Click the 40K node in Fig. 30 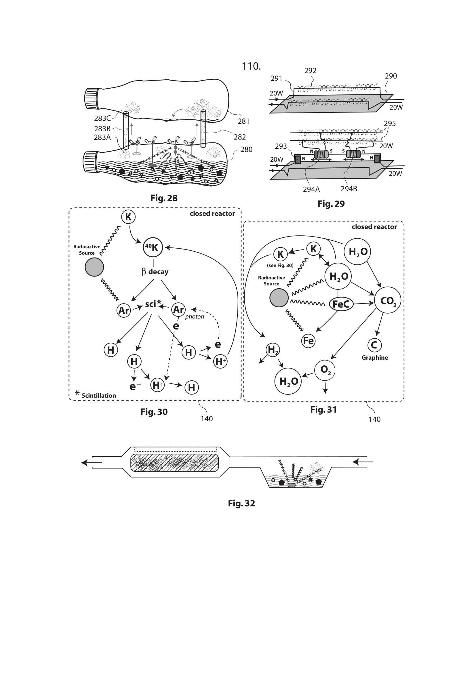tap(153, 247)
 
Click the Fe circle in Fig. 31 tap(308, 341)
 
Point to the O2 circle tap(325, 370)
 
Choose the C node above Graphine tap(374, 345)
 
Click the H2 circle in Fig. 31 tap(273, 350)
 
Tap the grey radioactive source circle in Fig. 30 tap(94, 267)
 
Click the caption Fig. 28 tap(164, 198)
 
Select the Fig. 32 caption tap(241, 503)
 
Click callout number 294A tap(311, 189)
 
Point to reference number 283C tap(102, 119)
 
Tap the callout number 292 tap(311, 71)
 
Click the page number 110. tap(251, 66)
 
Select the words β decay tap(155, 272)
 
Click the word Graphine tap(375, 358)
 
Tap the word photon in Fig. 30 tap(194, 317)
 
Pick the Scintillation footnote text tap(98, 395)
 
